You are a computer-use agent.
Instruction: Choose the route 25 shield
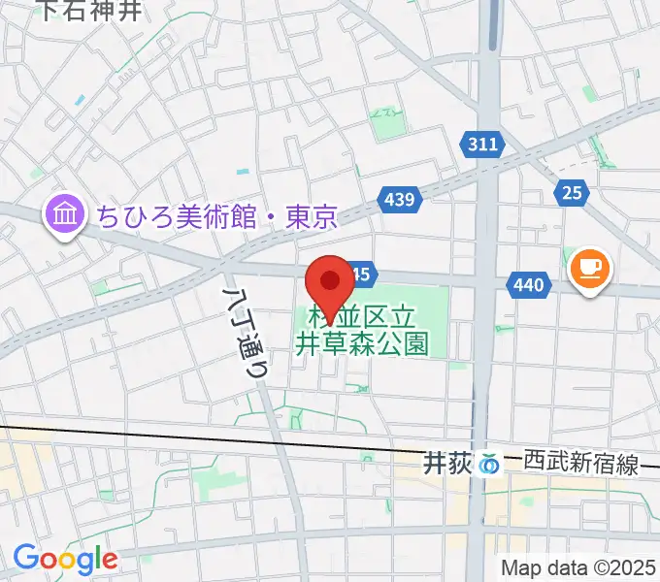pos(572,193)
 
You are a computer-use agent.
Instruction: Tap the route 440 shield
pos(529,285)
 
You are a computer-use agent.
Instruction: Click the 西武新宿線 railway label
pos(578,465)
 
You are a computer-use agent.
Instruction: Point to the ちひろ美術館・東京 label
pos(216,216)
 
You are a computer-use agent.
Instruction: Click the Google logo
pos(65,559)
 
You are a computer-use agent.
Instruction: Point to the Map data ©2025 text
pos(578,567)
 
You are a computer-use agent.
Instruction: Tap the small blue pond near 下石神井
pos(79,100)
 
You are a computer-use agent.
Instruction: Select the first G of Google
pos(26,558)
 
